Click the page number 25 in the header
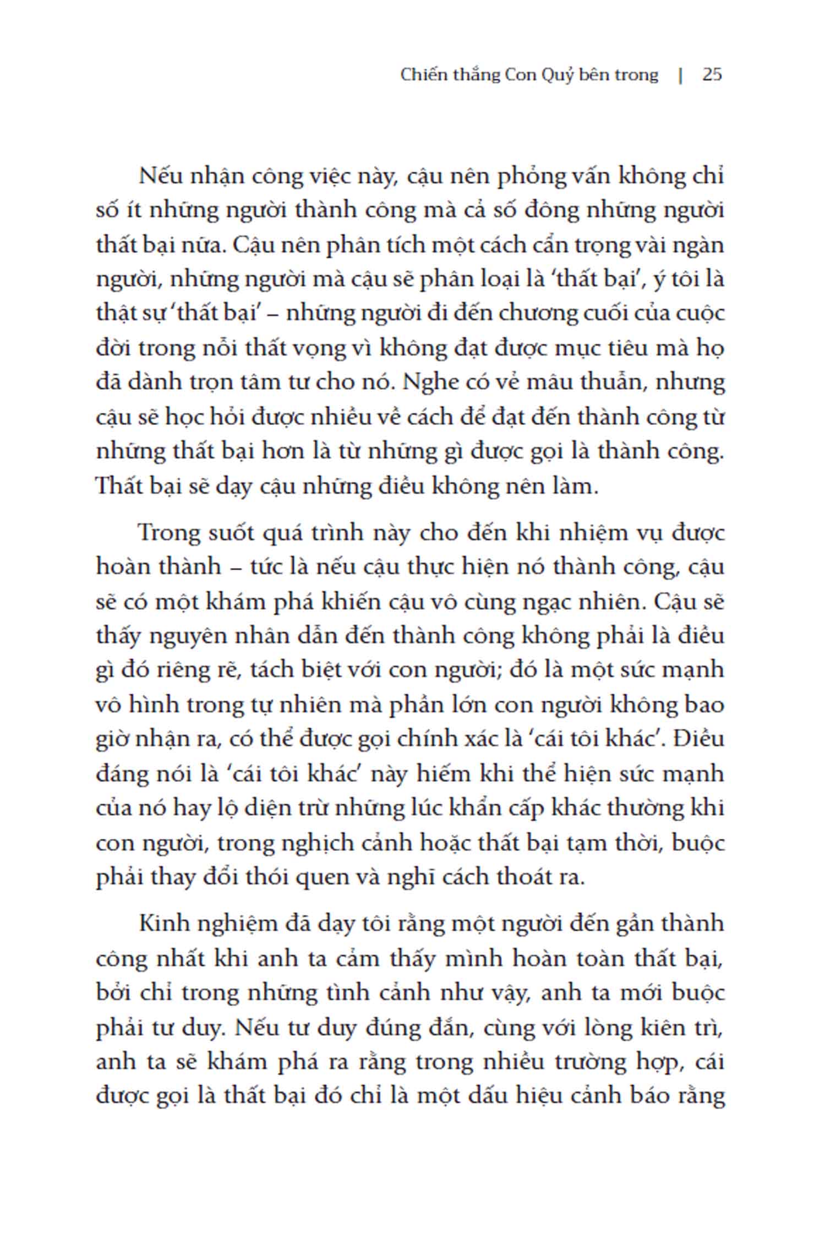click(712, 75)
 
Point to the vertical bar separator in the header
click(681, 75)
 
